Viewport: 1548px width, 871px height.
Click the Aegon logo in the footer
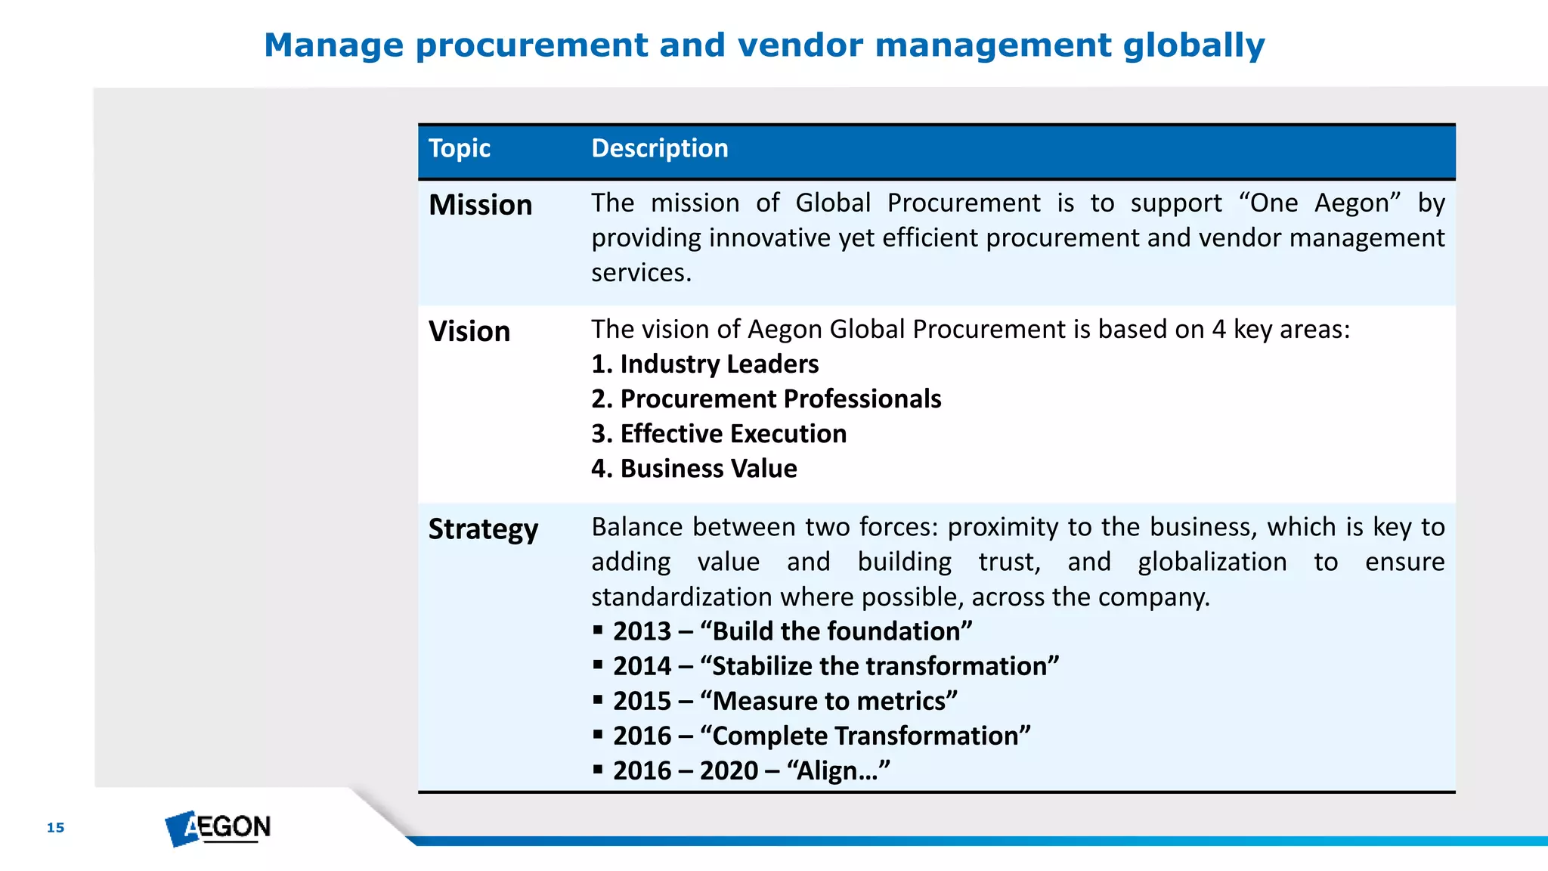coord(218,828)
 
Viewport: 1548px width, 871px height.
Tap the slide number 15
coord(55,827)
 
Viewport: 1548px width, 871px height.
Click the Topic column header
coord(459,148)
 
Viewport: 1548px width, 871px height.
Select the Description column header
coord(659,148)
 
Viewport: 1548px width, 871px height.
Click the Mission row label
coord(480,205)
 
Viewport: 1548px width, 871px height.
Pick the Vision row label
coord(469,331)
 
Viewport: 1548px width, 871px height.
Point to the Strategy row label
coord(483,528)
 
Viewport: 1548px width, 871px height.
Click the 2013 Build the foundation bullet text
coord(792,631)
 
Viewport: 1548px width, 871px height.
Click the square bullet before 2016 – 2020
coord(598,770)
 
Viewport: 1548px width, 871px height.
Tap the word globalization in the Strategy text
coord(1212,562)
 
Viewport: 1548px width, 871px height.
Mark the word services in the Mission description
coord(640,272)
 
